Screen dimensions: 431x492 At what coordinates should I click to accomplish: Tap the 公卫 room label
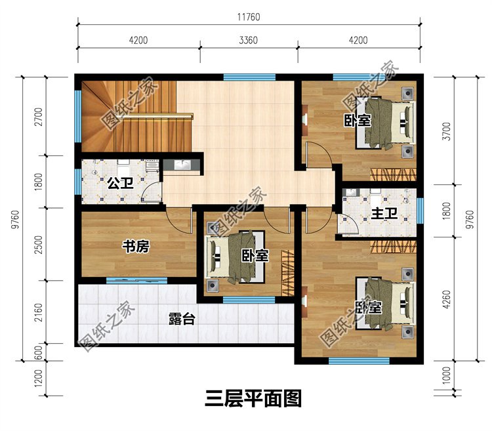click(x=121, y=183)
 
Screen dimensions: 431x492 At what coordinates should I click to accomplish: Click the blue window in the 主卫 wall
click(x=420, y=210)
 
